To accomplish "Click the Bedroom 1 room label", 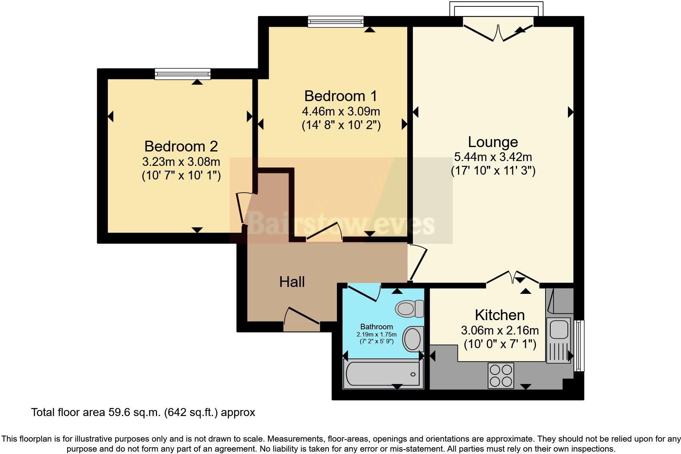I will click(340, 96).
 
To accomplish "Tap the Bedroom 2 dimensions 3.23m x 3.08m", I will click(181, 162).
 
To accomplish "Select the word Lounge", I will click(493, 142).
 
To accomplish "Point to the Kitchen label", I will click(500, 315).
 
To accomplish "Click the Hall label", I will click(292, 282).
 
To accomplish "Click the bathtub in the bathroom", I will click(383, 374).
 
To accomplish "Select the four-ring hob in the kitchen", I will click(501, 375).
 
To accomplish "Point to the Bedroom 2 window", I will click(183, 74).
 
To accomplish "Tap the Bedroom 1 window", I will click(336, 21).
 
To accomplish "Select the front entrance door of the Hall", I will click(302, 319).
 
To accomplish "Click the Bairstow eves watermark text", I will click(340, 224).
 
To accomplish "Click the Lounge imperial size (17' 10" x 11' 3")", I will click(493, 171).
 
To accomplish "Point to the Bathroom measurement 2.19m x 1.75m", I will click(376, 335).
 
